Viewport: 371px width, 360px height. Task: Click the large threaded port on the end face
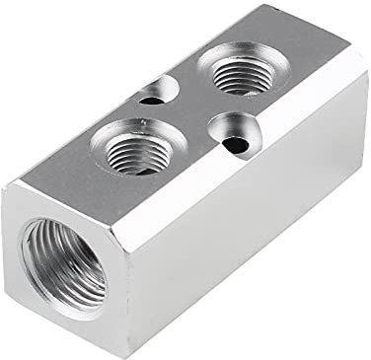(x=61, y=263)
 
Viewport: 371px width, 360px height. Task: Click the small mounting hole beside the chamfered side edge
(x=233, y=136)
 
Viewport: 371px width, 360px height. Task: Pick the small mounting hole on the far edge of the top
(x=156, y=93)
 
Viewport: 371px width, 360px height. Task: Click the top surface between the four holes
(x=187, y=113)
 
